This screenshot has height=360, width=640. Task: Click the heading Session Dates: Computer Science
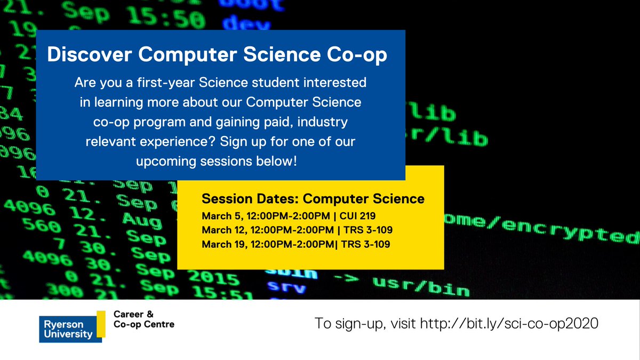click(313, 199)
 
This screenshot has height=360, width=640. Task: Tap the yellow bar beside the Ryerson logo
click(101, 323)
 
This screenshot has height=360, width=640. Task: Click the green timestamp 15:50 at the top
click(172, 19)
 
